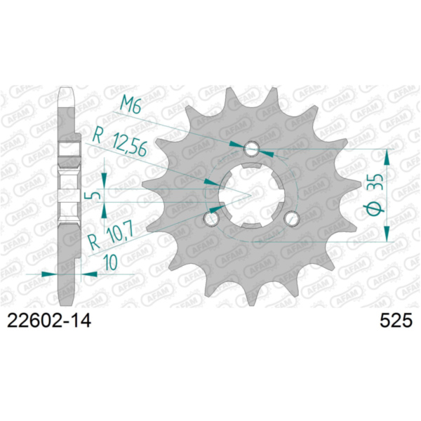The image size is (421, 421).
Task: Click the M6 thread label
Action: pos(131,106)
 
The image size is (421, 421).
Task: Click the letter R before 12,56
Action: pos(99,135)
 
